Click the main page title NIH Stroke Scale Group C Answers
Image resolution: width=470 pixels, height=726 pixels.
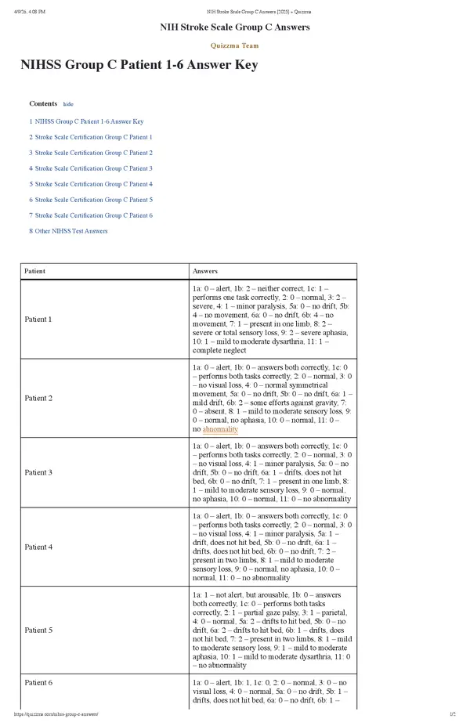click(x=234, y=27)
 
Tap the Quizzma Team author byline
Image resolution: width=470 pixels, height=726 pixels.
click(x=234, y=45)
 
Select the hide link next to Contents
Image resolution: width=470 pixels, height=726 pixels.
click(x=68, y=104)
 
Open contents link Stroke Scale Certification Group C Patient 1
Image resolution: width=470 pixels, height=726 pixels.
click(x=93, y=137)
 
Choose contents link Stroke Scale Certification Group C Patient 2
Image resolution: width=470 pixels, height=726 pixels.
click(x=93, y=153)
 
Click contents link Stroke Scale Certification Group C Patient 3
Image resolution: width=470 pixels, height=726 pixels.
click(x=93, y=168)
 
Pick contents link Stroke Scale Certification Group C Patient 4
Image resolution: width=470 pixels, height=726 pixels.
click(x=93, y=184)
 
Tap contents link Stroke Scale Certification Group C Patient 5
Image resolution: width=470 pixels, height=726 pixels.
click(x=93, y=200)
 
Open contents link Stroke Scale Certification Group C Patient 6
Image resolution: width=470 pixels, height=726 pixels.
click(x=93, y=215)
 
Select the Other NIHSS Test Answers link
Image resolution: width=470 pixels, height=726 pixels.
click(x=71, y=231)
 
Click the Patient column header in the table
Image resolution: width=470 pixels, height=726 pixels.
click(x=35, y=271)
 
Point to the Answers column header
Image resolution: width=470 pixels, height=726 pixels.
click(x=205, y=271)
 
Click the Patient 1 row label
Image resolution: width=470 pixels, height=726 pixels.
click(x=38, y=320)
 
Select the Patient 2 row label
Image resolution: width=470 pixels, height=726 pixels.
click(x=38, y=398)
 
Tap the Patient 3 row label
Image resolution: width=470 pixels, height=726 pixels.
click(x=38, y=472)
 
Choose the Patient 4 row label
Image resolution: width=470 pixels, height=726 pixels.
click(x=38, y=547)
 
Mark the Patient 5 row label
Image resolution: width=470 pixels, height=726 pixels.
click(x=38, y=630)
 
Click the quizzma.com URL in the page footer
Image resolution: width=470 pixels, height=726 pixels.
click(x=56, y=714)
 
